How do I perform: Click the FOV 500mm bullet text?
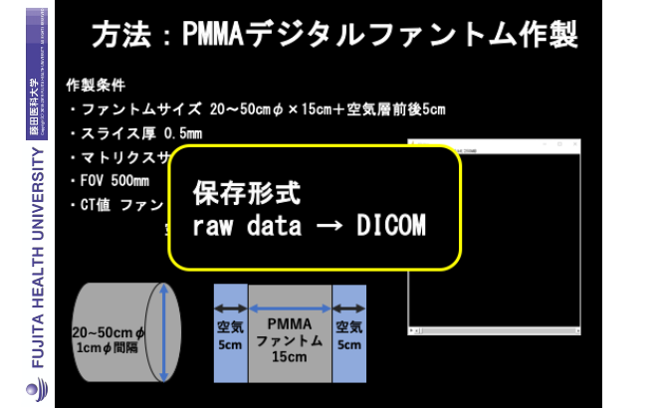[115, 181]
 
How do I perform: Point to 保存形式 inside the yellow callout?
[247, 193]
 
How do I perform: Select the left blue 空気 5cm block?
[230, 333]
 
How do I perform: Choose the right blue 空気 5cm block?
[349, 333]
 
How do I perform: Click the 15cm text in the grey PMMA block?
[290, 357]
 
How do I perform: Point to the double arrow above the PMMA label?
[290, 306]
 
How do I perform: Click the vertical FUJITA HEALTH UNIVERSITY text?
[37, 259]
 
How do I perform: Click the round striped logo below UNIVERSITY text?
[37, 391]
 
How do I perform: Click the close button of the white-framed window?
[572, 147]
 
